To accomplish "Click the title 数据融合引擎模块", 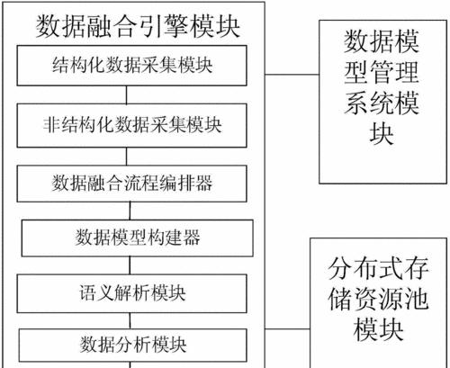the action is tap(138, 27).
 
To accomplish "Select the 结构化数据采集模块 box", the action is tap(131, 66).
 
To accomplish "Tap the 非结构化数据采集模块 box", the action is tap(131, 125).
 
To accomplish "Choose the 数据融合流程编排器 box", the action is tap(131, 184).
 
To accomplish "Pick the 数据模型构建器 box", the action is tap(138, 238).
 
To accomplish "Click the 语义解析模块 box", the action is tap(131, 293).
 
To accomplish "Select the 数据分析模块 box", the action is tap(133, 346).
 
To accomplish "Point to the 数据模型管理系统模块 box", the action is tap(382, 102).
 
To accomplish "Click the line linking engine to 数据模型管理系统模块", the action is tap(292, 74).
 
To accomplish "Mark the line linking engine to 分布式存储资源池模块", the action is tap(287, 329).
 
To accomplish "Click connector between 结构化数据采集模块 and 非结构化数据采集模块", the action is tap(126, 94).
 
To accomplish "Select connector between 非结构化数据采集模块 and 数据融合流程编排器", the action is tap(126, 157).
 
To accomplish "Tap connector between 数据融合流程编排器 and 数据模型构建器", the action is tap(130, 211).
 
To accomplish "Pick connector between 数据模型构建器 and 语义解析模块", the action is tap(130, 265).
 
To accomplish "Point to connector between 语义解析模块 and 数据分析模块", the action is tap(130, 321).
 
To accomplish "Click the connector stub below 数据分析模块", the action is tap(130, 365).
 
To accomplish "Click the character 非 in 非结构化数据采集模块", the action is tap(51, 125).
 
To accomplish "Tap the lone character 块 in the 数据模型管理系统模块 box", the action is tap(382, 134).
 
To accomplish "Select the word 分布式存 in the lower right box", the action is tap(378, 268).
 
